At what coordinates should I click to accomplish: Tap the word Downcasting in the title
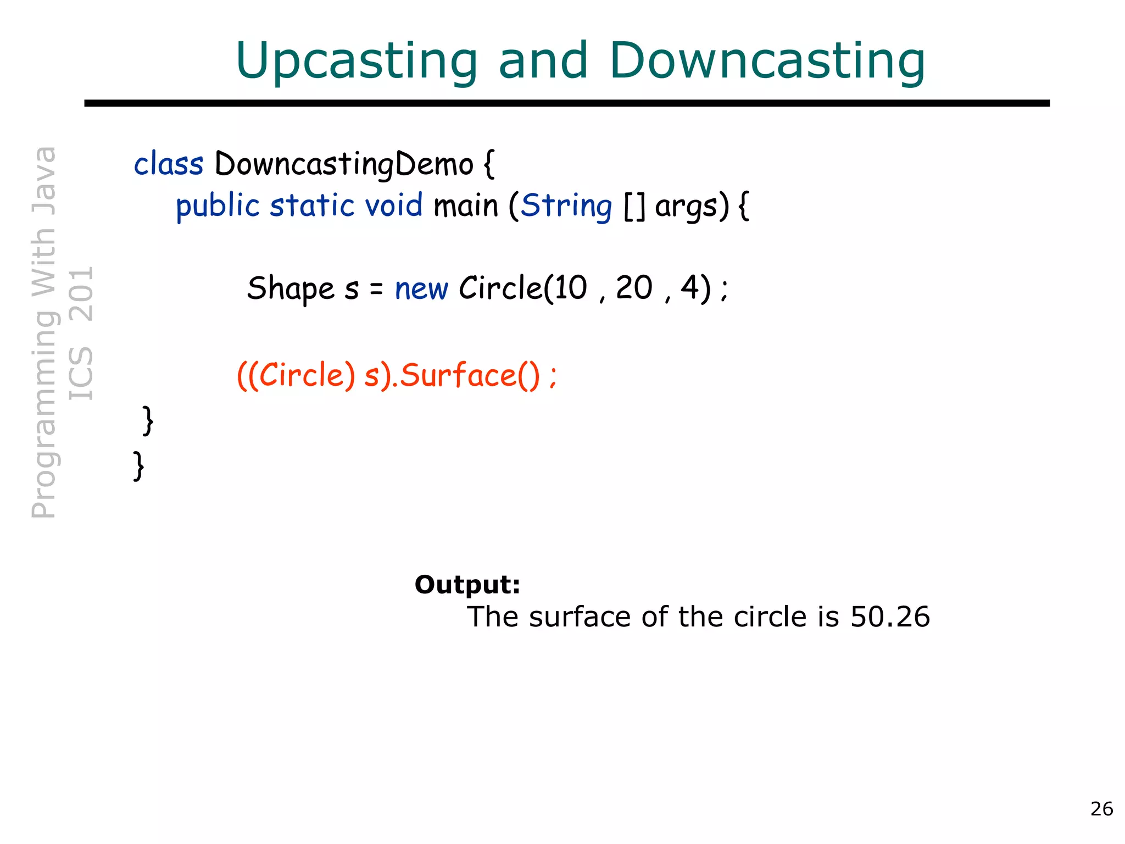(x=767, y=60)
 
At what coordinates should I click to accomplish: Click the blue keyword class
(x=168, y=164)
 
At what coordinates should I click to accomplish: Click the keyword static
(x=312, y=206)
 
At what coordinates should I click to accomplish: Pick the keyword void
(x=394, y=206)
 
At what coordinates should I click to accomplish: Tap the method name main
(x=465, y=206)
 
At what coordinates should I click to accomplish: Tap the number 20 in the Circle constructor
(x=634, y=287)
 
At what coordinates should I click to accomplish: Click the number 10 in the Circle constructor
(x=570, y=287)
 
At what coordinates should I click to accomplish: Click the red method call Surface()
(x=470, y=376)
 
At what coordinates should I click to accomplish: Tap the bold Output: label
(x=467, y=585)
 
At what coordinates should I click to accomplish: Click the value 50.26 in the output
(x=890, y=617)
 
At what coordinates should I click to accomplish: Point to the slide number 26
(x=1101, y=809)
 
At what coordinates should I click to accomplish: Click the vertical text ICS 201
(x=81, y=333)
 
